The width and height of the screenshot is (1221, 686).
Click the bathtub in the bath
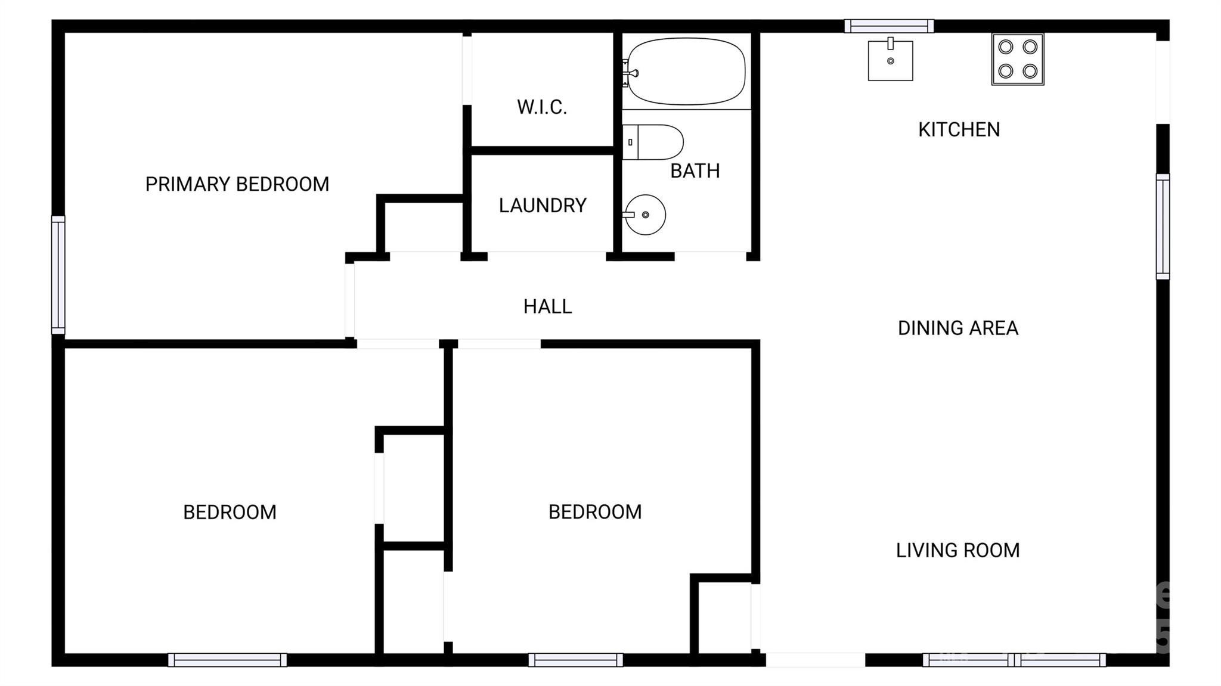pos(686,72)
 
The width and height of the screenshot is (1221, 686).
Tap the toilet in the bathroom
pos(653,142)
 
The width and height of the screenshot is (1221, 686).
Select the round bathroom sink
pos(646,215)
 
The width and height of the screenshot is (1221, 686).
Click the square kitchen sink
pos(890,60)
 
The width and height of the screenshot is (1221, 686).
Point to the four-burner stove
pos(1018,59)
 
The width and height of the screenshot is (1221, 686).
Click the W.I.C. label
pos(541,107)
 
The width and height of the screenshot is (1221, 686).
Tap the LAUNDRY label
pos(543,206)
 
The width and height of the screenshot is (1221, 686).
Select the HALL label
pos(547,306)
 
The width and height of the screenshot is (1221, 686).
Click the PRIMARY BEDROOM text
pos(237,184)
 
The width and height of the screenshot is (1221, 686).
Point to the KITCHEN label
pos(959,129)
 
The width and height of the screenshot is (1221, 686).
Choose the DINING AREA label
pos(958,328)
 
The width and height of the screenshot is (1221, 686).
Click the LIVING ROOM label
pos(957,550)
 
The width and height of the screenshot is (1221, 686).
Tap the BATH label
pos(695,171)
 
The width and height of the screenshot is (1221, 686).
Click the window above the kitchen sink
pos(889,26)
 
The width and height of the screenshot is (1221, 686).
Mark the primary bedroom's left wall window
pos(58,275)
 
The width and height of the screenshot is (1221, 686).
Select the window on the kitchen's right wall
pos(1163,226)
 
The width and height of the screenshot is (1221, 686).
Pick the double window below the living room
pos(1014,660)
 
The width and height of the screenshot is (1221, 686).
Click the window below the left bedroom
pos(227,660)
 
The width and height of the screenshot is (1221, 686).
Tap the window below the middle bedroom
pos(575,660)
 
